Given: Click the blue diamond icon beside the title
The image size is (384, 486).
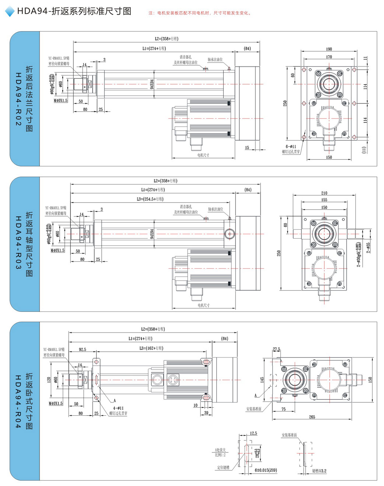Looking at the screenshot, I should [x=9, y=11].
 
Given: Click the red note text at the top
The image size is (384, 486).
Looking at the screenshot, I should [x=200, y=13].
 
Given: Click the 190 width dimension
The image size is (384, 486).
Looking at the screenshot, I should [x=329, y=49].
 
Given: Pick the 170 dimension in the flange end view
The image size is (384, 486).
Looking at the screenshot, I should [x=329, y=57].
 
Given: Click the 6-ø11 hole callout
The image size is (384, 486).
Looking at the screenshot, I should [x=291, y=147].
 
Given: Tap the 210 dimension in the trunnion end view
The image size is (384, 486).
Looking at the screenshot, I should [x=324, y=193].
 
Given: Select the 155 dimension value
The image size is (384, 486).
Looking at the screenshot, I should [x=324, y=200].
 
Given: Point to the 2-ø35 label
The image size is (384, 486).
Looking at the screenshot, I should [x=368, y=247].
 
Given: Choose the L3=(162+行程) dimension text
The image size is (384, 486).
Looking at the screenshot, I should [x=151, y=348].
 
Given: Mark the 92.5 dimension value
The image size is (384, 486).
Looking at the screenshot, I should [x=82, y=349].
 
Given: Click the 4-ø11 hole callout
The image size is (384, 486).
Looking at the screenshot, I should [x=118, y=408].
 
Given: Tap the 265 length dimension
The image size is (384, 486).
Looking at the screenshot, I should [x=312, y=417].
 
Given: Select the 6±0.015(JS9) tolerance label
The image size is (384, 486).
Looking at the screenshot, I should [x=266, y=470].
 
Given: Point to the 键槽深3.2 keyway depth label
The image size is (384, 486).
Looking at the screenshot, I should [x=319, y=471].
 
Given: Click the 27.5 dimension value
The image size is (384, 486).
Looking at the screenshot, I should [x=276, y=349].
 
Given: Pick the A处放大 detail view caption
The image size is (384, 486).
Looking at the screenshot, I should [x=220, y=450].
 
